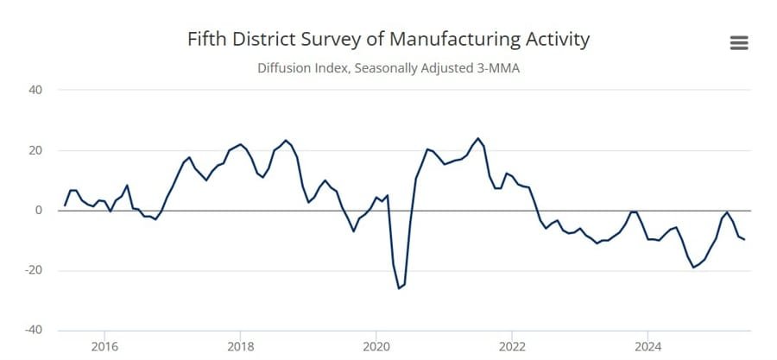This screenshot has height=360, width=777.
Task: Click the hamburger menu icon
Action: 738,43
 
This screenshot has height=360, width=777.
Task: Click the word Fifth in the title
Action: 205,40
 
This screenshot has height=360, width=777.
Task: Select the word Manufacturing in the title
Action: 454,40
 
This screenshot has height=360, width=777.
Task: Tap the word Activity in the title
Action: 557,40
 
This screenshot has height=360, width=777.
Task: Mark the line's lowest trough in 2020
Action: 399,287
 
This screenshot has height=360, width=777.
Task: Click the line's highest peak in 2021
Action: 477,138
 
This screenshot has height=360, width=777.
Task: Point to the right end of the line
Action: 744,239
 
